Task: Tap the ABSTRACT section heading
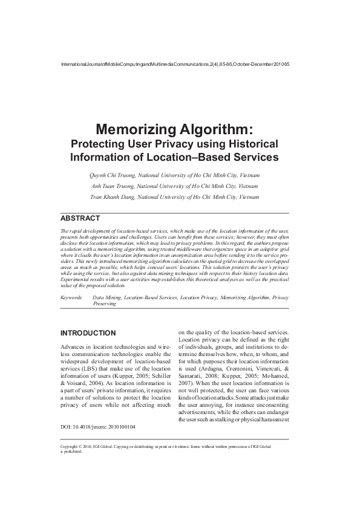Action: (80, 218)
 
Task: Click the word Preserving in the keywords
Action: (103, 305)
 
